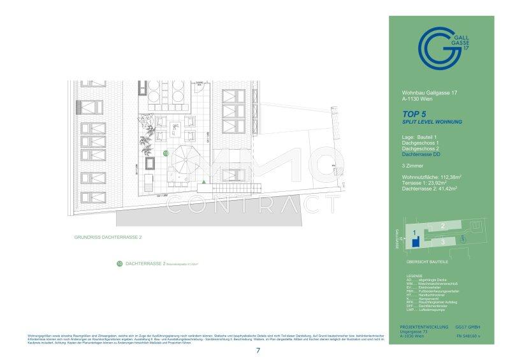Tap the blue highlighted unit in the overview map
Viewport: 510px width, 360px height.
[x=415, y=243]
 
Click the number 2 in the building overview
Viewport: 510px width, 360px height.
[x=442, y=226]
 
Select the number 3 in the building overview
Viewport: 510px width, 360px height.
[x=442, y=242]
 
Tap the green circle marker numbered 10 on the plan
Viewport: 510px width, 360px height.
[x=166, y=154]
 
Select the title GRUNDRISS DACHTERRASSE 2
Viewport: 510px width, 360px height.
[x=107, y=237]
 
